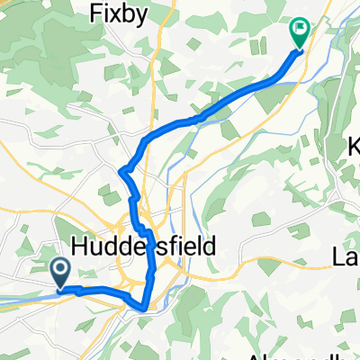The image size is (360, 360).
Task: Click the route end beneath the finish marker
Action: click(x=299, y=50)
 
